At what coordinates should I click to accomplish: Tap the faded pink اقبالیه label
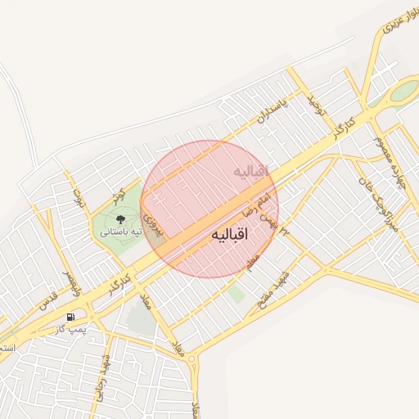pos(251,172)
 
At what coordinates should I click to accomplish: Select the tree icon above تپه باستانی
pos(120,219)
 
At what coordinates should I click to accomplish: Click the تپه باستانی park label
pos(121,232)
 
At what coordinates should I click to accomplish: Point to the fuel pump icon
pos(72,316)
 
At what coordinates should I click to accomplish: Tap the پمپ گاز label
pos(71,328)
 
